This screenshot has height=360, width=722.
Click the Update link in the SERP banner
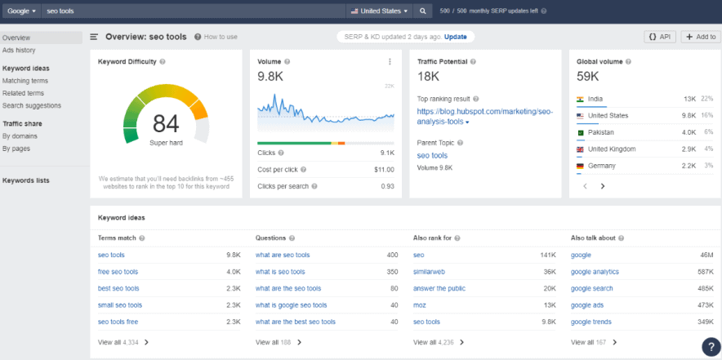click(456, 37)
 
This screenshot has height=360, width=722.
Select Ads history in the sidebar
click(19, 50)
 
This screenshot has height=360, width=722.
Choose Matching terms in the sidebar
click(25, 81)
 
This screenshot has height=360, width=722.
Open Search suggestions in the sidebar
click(32, 105)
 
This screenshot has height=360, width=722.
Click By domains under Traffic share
click(20, 136)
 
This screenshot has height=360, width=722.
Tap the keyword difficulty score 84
click(165, 123)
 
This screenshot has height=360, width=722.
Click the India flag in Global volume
click(580, 99)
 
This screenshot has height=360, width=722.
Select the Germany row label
click(602, 166)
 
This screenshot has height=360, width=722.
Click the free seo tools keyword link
click(118, 272)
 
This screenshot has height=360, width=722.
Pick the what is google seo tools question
click(292, 305)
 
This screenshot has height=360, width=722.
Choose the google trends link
click(591, 322)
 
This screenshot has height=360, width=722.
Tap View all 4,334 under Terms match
click(123, 343)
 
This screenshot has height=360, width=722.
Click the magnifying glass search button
click(422, 11)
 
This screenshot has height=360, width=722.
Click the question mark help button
click(709, 345)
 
